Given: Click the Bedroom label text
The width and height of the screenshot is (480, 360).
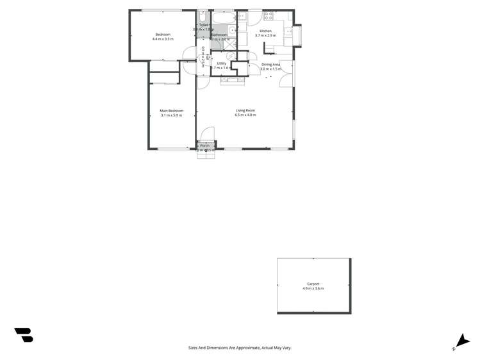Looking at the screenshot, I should point(163,35).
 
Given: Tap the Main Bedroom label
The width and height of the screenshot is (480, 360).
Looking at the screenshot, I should point(171,111).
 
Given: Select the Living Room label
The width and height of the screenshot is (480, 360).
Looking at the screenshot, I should point(245,110).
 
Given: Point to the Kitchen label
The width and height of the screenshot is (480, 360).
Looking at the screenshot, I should point(265,31).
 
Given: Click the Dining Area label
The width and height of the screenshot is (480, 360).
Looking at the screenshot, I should point(270,64).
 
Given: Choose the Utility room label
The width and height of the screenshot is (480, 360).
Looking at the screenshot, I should point(222,63).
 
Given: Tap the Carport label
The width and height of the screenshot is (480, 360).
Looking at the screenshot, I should point(313,284).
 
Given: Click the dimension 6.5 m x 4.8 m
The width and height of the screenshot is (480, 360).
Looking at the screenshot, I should point(245,115).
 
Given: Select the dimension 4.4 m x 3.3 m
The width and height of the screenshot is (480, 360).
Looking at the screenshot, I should point(163,39).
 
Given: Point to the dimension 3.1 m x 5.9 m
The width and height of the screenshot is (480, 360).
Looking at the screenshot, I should point(171,115).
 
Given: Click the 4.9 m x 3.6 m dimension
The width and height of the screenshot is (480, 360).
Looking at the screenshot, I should point(313,288).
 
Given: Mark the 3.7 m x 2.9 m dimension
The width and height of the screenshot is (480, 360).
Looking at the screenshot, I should point(265,35).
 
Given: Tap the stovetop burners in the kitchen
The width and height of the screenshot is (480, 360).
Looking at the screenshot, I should point(268,15).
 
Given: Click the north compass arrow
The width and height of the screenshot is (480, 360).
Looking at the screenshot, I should point(462,341).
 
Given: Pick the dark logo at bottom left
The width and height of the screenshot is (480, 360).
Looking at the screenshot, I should point(24,335).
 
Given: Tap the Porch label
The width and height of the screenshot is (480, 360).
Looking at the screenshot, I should point(205,145).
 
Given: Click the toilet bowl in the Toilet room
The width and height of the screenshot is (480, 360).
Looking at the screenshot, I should point(203,17).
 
